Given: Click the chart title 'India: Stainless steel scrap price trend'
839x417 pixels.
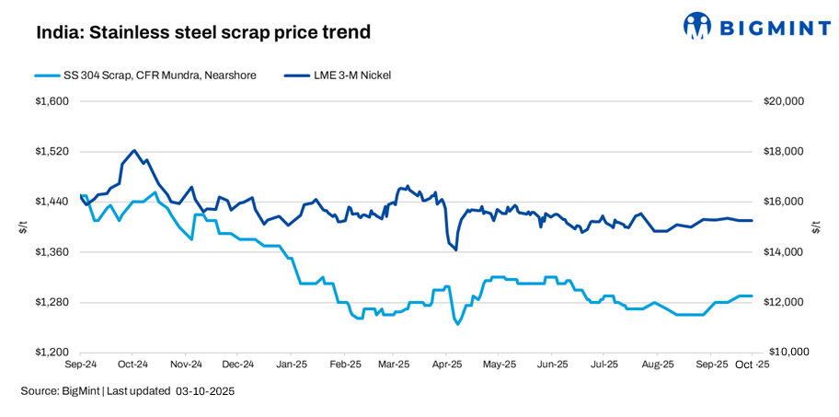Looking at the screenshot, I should tap(203, 32).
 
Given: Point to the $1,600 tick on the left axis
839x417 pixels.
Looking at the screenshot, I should tap(53, 101).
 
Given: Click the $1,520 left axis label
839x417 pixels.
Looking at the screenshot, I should tap(53, 152).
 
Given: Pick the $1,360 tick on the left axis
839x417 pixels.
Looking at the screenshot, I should tap(53, 252).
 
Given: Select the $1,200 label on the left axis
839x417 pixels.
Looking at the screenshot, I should tap(53, 353).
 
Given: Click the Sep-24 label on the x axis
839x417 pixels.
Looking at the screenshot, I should tap(82, 365).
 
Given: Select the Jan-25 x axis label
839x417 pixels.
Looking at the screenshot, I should tap(292, 365).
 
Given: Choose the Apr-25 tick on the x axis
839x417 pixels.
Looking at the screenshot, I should tap(447, 365).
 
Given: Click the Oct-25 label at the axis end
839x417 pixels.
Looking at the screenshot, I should tap(753, 365).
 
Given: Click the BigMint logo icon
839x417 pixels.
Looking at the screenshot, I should tap(697, 28).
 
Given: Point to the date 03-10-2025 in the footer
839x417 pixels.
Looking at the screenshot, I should tap(203, 392).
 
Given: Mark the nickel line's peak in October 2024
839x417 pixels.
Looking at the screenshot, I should tap(134, 150).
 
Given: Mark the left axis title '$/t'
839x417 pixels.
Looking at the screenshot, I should tap(23, 226).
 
